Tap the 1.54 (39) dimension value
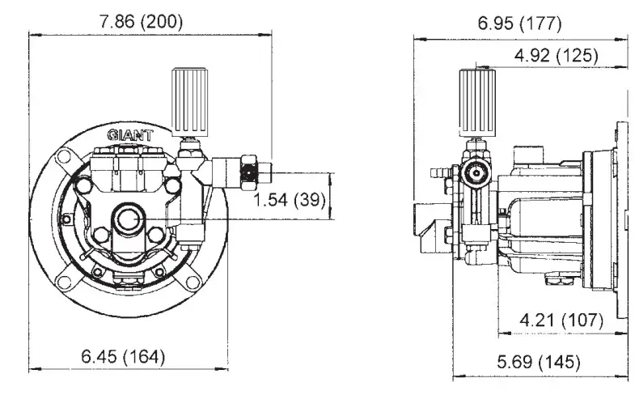click(286, 200)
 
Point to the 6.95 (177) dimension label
click(519, 23)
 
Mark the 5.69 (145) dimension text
click(538, 362)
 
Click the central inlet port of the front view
click(127, 219)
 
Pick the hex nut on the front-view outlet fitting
click(249, 172)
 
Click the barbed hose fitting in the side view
click(438, 172)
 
